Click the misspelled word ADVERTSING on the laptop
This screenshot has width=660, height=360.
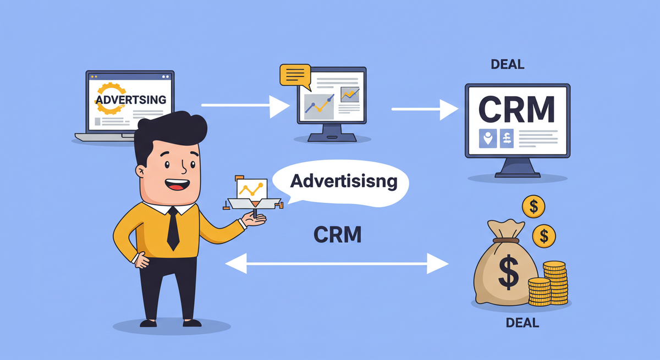tap(131, 99)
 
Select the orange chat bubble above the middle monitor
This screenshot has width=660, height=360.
tap(295, 75)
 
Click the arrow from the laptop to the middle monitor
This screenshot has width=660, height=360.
tap(244, 105)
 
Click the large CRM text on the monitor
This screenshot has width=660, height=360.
tap(516, 109)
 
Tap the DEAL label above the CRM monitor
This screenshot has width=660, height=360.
tap(507, 64)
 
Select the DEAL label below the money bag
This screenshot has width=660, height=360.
tap(522, 322)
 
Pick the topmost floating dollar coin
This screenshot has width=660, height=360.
tap(533, 207)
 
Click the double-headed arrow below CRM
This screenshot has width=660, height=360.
tap(337, 264)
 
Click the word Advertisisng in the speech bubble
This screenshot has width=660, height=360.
tap(344, 181)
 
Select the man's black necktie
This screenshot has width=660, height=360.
tap(173, 228)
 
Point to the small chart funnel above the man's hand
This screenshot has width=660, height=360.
tap(250, 192)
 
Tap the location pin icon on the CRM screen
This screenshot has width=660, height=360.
tap(487, 139)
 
